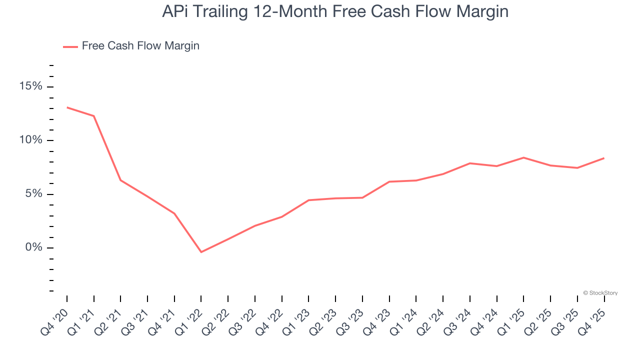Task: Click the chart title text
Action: [x=335, y=11]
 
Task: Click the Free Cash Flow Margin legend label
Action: [x=140, y=46]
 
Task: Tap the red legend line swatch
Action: [x=70, y=46]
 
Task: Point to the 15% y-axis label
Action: [x=31, y=86]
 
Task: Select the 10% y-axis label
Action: [x=31, y=140]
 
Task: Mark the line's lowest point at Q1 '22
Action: [x=201, y=252]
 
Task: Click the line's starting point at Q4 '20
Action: [x=67, y=107]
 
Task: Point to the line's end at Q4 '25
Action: [x=604, y=158]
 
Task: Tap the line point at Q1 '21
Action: [x=94, y=116]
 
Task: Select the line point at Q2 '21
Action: [x=120, y=180]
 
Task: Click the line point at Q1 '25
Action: [x=523, y=157]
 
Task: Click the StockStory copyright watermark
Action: [x=600, y=293]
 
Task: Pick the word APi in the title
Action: [x=177, y=11]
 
